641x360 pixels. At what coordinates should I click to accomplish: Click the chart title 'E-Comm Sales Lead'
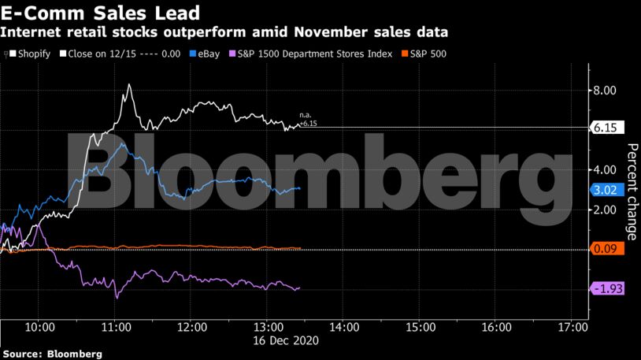pyautogui.click(x=99, y=13)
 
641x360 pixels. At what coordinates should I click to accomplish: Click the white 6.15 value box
pyautogui.click(x=606, y=128)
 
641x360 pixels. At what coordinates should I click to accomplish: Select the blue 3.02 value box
pyautogui.click(x=606, y=190)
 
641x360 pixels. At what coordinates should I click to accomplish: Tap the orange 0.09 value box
pyautogui.click(x=606, y=249)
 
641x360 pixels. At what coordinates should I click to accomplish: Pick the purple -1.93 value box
pyautogui.click(x=606, y=289)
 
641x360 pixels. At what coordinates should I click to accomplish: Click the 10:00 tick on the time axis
pyautogui.click(x=39, y=326)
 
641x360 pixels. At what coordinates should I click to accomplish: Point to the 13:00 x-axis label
pyautogui.click(x=268, y=326)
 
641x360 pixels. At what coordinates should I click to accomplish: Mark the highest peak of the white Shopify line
pyautogui.click(x=128, y=84)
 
